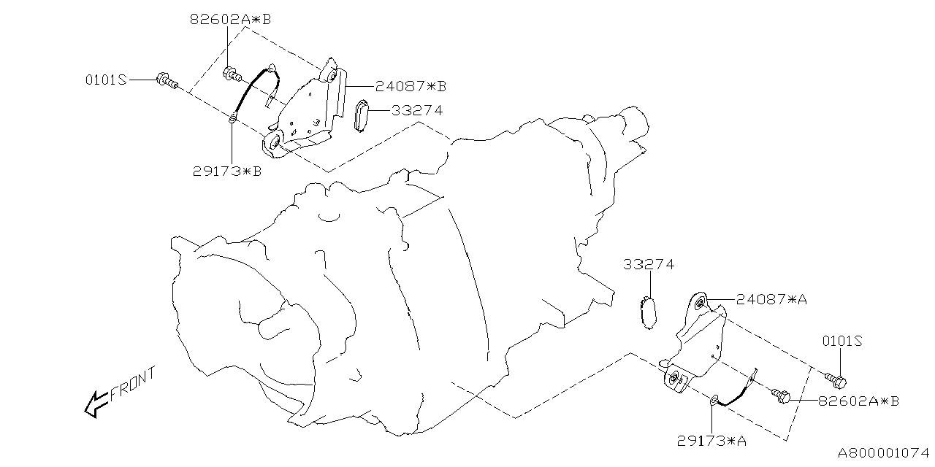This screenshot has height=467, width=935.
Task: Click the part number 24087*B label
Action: (411, 86)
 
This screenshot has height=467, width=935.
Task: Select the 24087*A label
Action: (771, 299)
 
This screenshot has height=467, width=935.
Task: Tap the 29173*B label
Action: (228, 172)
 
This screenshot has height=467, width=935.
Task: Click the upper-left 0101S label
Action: (105, 80)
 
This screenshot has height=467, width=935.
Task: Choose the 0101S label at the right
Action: (843, 341)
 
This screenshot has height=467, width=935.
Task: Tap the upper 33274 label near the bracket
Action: (416, 111)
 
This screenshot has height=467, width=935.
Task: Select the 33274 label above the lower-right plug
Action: (649, 264)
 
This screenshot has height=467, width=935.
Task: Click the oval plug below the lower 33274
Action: (647, 313)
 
